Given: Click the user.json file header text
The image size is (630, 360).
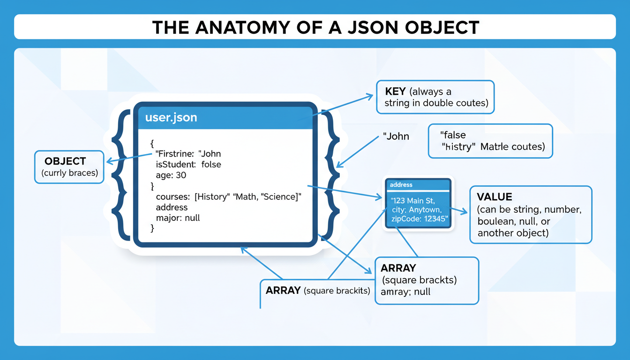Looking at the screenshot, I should [x=171, y=118].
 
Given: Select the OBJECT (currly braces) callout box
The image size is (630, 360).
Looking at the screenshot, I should [x=69, y=167].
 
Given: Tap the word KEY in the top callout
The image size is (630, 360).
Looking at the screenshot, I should [x=395, y=92].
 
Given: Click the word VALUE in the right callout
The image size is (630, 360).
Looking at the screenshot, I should [x=495, y=197].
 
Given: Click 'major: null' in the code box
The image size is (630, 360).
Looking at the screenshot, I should [x=178, y=218].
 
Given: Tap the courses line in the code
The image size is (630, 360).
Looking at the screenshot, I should [x=228, y=197].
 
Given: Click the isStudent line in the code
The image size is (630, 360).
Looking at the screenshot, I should [x=188, y=165].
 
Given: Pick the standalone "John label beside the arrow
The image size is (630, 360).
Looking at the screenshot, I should [x=396, y=137].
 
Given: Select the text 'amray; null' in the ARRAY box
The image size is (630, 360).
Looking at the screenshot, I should [x=405, y=292].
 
